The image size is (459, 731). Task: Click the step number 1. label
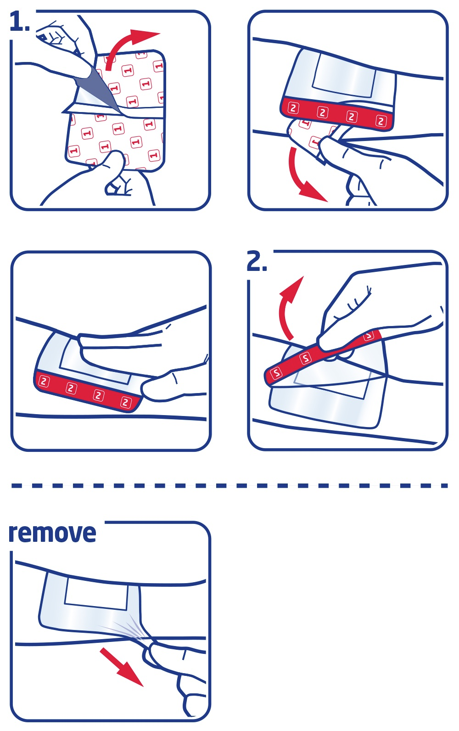click(x=20, y=22)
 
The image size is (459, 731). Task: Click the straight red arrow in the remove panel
click(x=121, y=667)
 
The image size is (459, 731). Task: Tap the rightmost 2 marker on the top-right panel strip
click(x=381, y=121)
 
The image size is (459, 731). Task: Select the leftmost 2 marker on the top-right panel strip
click(x=293, y=108)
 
